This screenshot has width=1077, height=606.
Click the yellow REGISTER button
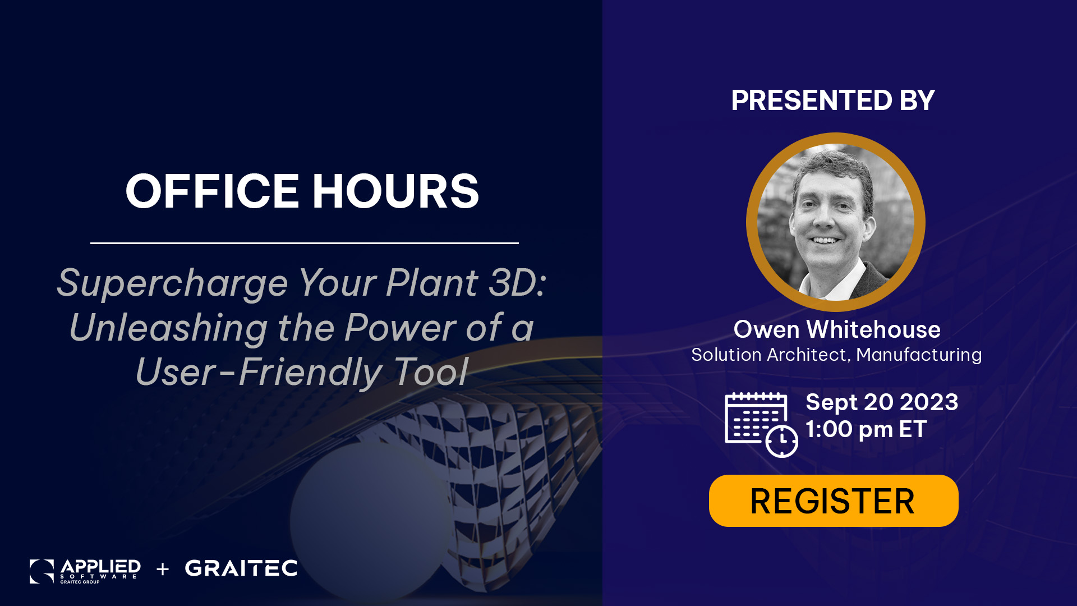[x=834, y=501]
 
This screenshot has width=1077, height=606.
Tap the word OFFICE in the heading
[x=212, y=191]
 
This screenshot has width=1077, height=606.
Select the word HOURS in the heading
[x=395, y=191]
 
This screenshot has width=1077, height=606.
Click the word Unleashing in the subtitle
[x=169, y=328]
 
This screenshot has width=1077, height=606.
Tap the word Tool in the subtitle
[x=432, y=371]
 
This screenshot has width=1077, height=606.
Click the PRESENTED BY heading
[x=833, y=100]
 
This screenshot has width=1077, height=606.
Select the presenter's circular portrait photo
[x=836, y=222]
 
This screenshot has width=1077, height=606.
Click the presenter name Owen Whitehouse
[x=837, y=329]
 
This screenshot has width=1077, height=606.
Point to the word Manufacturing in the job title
[x=919, y=355]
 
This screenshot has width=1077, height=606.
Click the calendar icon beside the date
[x=761, y=425]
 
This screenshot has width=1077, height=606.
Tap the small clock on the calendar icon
[x=782, y=441]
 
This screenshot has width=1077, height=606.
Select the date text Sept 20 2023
[x=882, y=402]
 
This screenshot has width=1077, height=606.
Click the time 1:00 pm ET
[x=866, y=430]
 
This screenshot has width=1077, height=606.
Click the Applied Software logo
[x=85, y=571]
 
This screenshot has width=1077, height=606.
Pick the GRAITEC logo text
[x=241, y=568]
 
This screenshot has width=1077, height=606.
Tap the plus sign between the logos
[x=163, y=570]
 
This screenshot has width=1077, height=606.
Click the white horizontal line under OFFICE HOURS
[x=305, y=243]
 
